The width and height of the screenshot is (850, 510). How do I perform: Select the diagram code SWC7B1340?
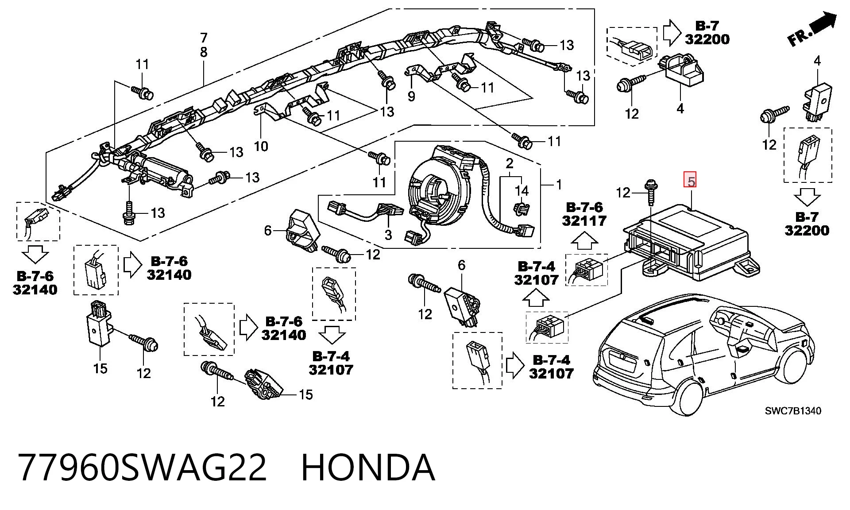[793, 411]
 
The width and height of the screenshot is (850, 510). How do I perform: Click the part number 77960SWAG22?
[143, 467]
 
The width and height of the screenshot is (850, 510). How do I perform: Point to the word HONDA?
[368, 467]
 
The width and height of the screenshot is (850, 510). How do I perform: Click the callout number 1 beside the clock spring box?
[559, 184]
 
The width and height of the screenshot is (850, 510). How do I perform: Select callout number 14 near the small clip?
[522, 191]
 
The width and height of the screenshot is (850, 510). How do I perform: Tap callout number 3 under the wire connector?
[388, 235]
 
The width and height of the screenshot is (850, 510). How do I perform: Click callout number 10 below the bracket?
[261, 146]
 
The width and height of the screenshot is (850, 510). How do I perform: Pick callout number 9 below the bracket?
[411, 96]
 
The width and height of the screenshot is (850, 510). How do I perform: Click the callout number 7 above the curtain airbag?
[204, 38]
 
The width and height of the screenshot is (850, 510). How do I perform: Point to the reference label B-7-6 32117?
[584, 214]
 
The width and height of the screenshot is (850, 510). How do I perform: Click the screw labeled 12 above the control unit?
[651, 192]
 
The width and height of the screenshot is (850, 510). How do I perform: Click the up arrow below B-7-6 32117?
[584, 241]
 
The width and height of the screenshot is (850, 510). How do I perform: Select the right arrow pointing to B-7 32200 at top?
[672, 32]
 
